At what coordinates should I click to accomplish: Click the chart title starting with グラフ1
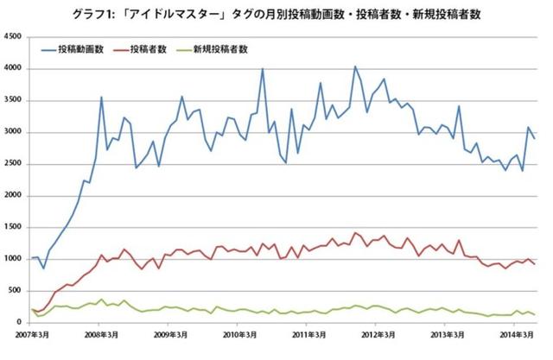276,14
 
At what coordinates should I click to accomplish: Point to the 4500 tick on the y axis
13,37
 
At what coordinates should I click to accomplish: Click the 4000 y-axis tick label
13,69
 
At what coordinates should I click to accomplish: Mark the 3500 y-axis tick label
13,101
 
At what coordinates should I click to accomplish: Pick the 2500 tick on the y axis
13,164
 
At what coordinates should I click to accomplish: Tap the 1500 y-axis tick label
13,227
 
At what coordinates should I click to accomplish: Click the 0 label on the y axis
21,322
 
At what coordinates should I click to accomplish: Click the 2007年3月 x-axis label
32,334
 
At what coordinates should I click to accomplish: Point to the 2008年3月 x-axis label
102,334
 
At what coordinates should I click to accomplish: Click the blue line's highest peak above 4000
354,66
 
